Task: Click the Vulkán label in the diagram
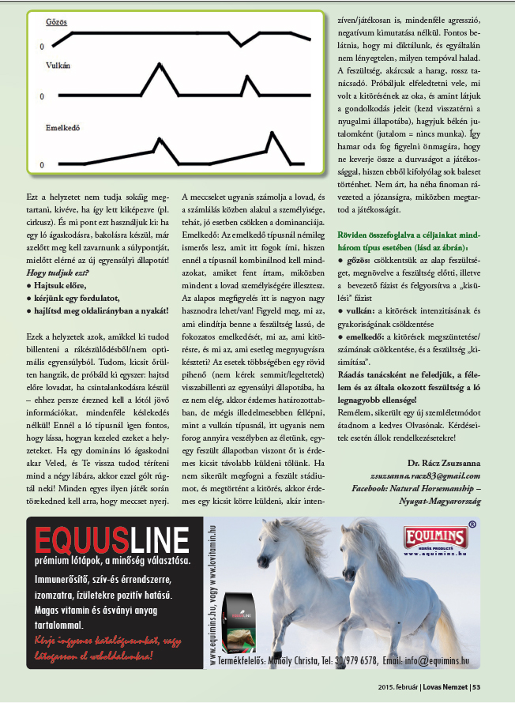pyautogui.click(x=59, y=67)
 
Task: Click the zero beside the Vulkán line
pyautogui.click(x=42, y=96)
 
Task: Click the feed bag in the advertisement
pyautogui.click(x=240, y=622)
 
